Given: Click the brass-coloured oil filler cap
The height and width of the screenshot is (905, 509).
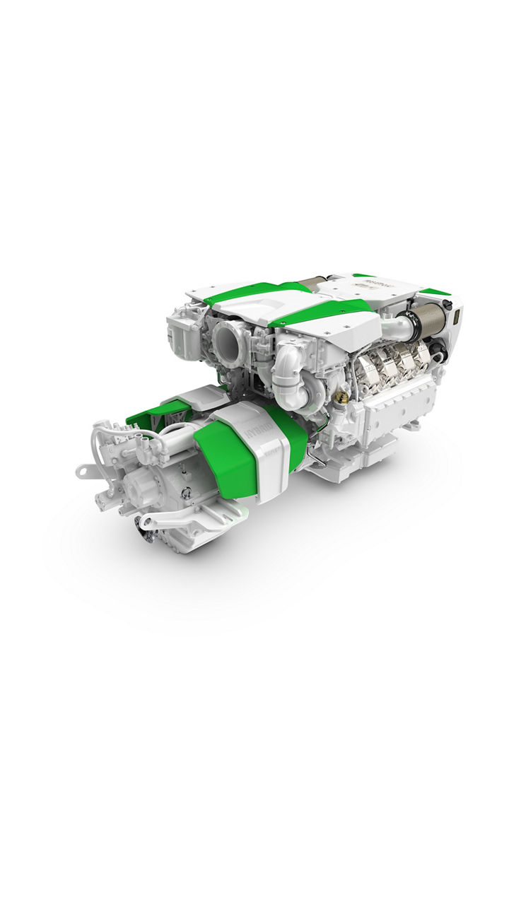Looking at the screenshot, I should click(x=341, y=398).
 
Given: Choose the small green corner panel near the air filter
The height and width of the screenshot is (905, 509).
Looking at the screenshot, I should click(x=434, y=291).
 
